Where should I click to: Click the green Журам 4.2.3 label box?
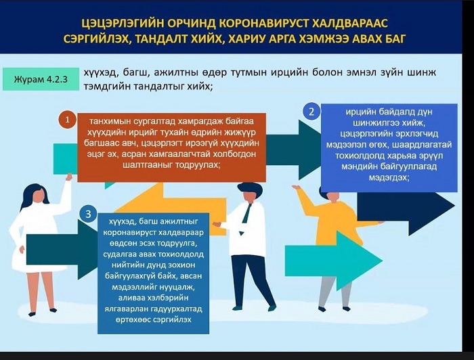click(41, 79)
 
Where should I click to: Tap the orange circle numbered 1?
click(68, 120)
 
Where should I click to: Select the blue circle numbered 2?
click(311, 112)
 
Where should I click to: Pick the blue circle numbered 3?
click(88, 214)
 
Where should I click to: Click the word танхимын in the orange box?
click(110, 121)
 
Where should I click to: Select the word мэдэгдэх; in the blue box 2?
click(389, 177)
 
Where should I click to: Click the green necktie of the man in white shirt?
click(246, 217)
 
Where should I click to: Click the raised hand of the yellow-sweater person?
click(297, 188)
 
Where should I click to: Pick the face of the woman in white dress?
click(39, 196)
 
